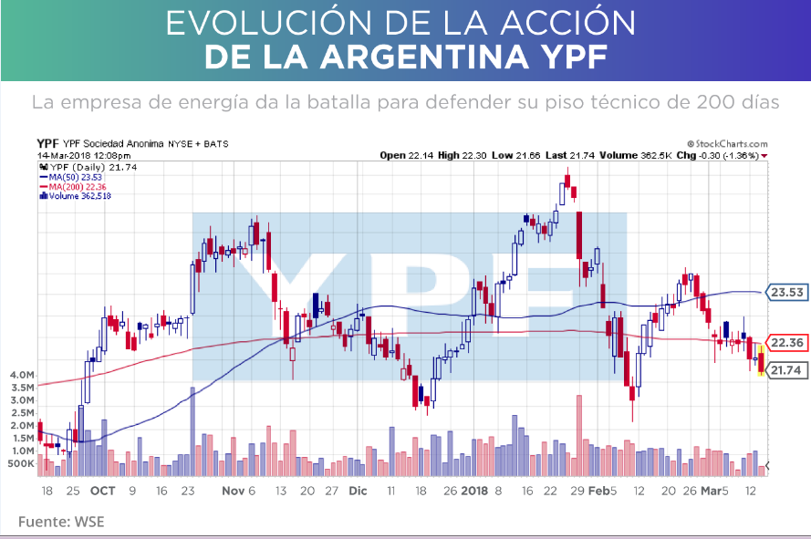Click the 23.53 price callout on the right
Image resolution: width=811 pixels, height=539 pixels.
[x=785, y=293]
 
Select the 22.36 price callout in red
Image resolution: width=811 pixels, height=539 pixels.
[x=785, y=343]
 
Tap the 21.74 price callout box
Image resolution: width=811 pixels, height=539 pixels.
[x=785, y=370]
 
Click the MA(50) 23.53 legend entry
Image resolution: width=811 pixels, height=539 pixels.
[x=77, y=177]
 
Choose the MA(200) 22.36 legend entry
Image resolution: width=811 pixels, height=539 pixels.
[x=78, y=186]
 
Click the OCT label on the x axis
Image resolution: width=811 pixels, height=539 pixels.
[x=102, y=491]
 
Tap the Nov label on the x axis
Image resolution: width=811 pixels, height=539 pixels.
[x=234, y=491]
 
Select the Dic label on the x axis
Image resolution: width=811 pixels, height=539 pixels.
[x=358, y=491]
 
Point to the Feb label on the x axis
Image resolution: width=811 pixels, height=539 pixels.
[x=597, y=491]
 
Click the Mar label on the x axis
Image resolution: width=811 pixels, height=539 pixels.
[x=711, y=491]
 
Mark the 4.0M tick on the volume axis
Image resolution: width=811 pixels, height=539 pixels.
[x=21, y=375]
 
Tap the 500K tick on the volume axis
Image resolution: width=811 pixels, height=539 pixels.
[x=21, y=463]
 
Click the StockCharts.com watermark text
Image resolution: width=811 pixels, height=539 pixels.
[x=729, y=144]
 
